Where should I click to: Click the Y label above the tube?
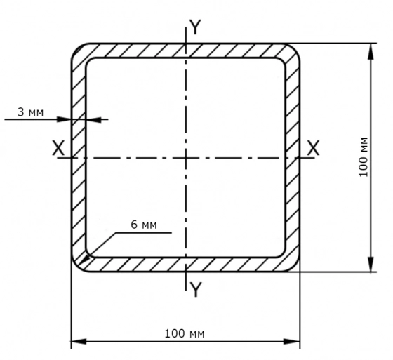195,27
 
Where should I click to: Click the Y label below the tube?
195,289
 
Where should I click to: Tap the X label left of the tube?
58,148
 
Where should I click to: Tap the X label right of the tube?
313,148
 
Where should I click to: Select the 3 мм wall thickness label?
31,112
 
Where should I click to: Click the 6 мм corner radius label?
144,225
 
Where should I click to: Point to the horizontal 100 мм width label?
185,333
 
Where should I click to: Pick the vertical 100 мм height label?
364,157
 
